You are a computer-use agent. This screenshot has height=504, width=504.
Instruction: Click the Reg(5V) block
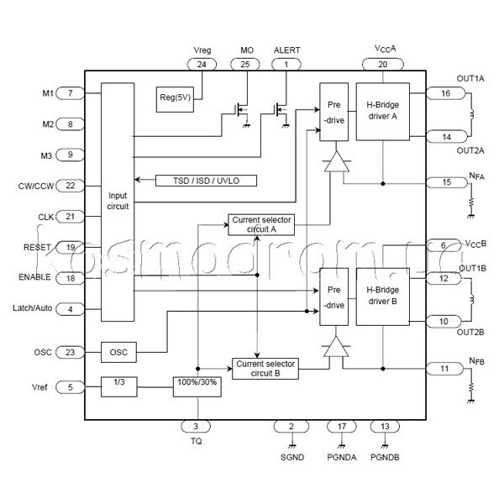(x=175, y=99)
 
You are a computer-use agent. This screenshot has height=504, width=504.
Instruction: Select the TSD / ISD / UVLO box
(x=206, y=181)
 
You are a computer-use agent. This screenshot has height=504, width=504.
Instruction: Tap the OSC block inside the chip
(x=118, y=352)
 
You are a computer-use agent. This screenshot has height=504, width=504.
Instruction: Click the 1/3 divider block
(x=119, y=386)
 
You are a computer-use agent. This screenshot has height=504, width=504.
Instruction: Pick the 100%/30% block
(x=197, y=386)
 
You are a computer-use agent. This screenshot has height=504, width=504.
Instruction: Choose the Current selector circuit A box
(x=261, y=224)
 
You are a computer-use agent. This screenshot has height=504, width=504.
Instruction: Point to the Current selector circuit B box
(x=265, y=369)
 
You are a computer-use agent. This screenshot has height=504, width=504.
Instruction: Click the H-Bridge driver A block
(x=383, y=112)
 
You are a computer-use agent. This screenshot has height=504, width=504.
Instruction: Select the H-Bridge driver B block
(x=383, y=297)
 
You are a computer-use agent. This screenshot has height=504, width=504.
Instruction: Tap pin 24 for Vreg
(x=202, y=65)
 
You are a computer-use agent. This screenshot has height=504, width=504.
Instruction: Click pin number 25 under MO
(x=245, y=65)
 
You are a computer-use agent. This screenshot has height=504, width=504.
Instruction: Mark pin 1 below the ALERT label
(x=286, y=65)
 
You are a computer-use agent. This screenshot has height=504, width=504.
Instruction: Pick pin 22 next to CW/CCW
(x=70, y=186)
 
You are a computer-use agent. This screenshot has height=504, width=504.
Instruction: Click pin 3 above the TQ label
(x=196, y=427)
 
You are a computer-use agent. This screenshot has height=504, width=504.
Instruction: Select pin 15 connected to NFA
(x=447, y=182)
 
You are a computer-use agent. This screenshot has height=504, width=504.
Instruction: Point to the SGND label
(x=292, y=457)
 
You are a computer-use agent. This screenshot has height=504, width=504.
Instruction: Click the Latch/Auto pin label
(x=32, y=308)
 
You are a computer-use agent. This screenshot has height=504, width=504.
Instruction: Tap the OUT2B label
(x=470, y=332)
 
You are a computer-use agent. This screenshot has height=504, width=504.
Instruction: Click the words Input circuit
(x=118, y=201)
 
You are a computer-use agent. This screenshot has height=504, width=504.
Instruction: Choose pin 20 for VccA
(x=383, y=65)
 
